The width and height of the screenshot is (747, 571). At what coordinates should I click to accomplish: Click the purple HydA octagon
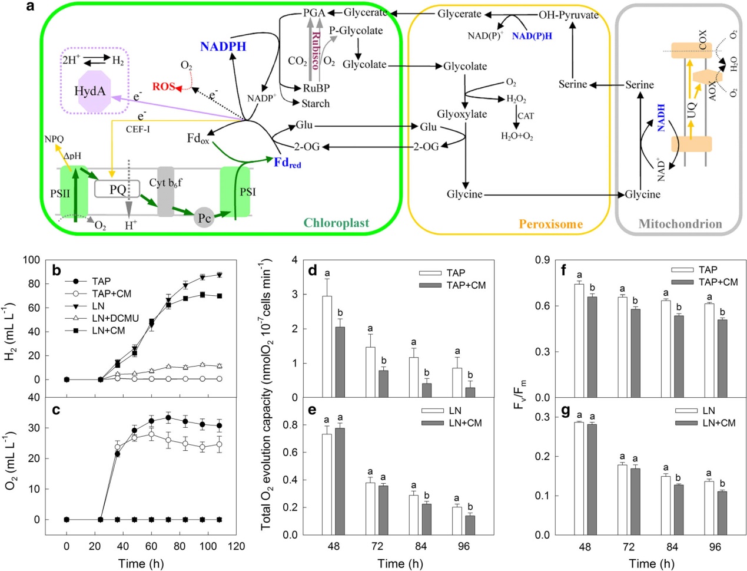pyautogui.click(x=90, y=91)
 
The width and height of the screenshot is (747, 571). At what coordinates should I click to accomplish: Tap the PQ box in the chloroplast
pyautogui.click(x=118, y=189)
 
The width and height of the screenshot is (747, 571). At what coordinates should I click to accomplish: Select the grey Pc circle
pyautogui.click(x=204, y=218)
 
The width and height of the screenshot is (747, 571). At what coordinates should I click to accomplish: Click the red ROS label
pyautogui.click(x=164, y=87)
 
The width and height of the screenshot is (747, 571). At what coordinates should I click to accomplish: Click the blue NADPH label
pyautogui.click(x=223, y=47)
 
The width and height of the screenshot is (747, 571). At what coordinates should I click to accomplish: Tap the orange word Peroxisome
pyautogui.click(x=550, y=224)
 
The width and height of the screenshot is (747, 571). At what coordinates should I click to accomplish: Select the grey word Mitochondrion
pyautogui.click(x=680, y=224)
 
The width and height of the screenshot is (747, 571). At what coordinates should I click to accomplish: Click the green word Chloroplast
pyautogui.click(x=336, y=223)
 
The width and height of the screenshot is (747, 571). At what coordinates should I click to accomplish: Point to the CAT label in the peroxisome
pyautogui.click(x=526, y=116)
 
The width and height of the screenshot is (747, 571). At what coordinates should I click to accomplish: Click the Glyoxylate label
pyautogui.click(x=462, y=114)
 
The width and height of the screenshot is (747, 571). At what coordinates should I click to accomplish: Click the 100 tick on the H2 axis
pyautogui.click(x=32, y=260)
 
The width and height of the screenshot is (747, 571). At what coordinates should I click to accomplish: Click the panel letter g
pyautogui.click(x=566, y=411)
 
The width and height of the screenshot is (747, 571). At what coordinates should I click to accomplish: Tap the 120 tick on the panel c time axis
pyautogui.click(x=237, y=546)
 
